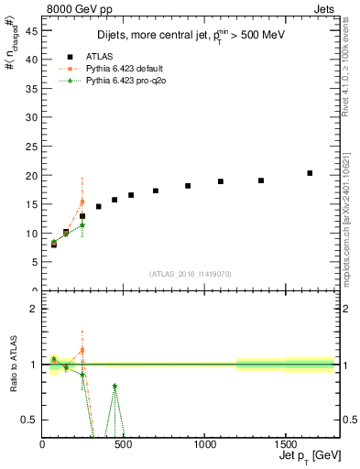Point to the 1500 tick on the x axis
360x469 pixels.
tap(285, 445)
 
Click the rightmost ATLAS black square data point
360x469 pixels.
tap(310, 173)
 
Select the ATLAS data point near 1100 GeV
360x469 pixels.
tap(221, 181)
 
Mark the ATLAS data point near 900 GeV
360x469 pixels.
tap(188, 186)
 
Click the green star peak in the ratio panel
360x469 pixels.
tap(115, 387)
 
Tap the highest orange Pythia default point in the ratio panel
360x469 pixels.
tap(82, 350)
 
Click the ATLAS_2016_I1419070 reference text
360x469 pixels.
tap(190, 274)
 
